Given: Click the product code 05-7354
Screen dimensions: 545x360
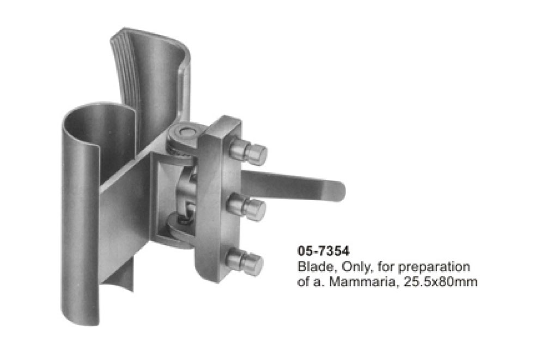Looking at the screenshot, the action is (323, 251).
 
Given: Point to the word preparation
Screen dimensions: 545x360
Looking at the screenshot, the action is (434, 267).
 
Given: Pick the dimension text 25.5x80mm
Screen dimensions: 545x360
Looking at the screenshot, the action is (440, 281).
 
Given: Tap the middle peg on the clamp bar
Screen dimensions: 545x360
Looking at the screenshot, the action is (246, 207).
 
